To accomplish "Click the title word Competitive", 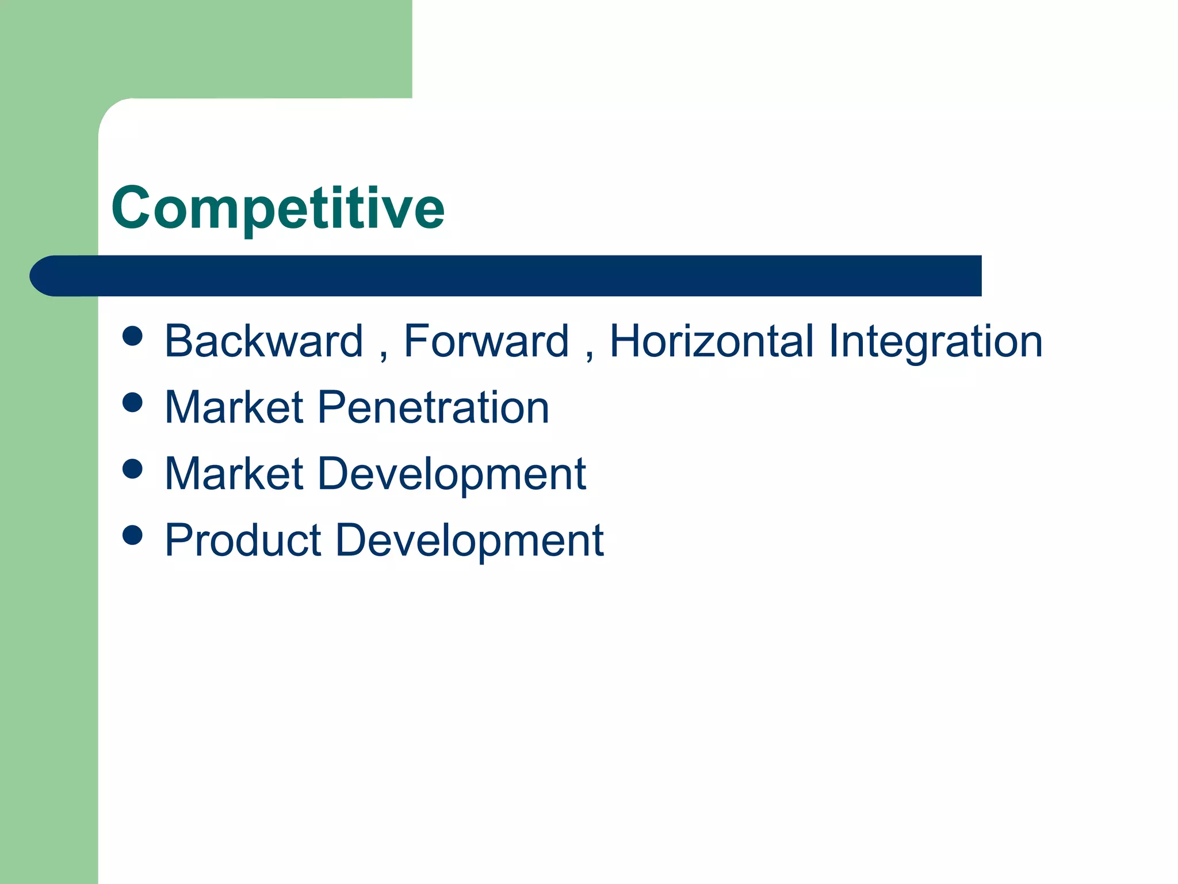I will (278, 208).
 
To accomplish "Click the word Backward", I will (264, 341).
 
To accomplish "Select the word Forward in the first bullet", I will (486, 341).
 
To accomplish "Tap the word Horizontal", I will (713, 341).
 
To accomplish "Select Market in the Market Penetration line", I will (234, 407).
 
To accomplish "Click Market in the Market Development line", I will (234, 474).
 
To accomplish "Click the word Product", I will (243, 540).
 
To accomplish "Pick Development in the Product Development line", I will (469, 542).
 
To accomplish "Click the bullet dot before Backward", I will (133, 336).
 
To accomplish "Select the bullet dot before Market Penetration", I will (133, 402).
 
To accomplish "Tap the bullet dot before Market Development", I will (133, 468).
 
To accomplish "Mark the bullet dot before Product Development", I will (133, 535).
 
